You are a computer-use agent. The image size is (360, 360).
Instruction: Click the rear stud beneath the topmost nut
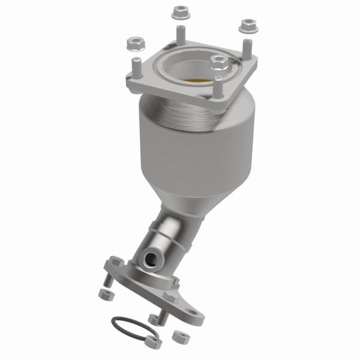pos(178,35)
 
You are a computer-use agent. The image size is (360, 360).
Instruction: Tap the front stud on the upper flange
pos(218,87)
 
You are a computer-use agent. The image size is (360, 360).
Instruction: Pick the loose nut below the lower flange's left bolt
pos(104,293)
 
